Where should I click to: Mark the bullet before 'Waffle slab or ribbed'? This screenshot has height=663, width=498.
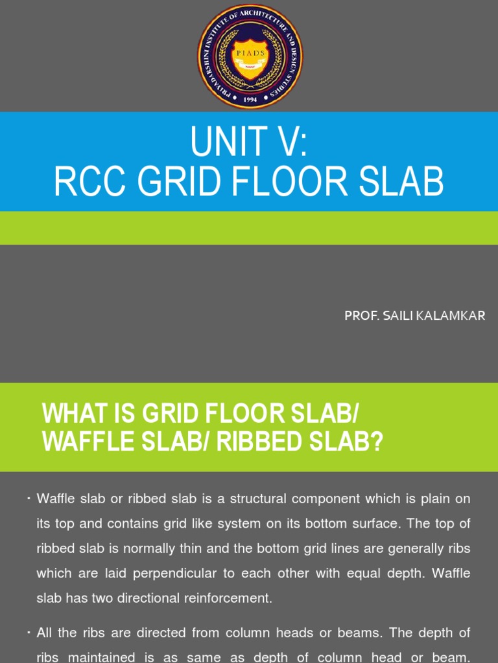pyautogui.click(x=30, y=498)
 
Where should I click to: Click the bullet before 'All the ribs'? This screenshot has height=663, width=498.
pyautogui.click(x=30, y=631)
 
